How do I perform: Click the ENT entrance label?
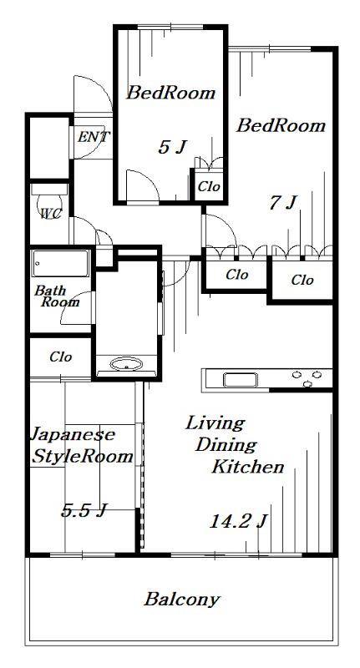[94, 137]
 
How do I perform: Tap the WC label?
[51, 214]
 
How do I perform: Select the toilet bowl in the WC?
[50, 197]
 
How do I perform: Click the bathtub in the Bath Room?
[60, 263]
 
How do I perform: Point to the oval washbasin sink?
[126, 364]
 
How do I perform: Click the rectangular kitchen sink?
[241, 380]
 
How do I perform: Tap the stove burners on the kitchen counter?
[307, 378]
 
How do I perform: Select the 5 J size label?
[172, 148]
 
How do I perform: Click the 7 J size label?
[282, 203]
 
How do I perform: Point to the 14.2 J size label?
[238, 521]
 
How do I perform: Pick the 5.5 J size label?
[84, 510]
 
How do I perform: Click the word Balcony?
[182, 600]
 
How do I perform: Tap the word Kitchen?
[248, 467]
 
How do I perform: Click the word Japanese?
[73, 435]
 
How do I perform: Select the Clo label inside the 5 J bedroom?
[209, 186]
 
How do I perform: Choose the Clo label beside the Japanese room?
[60, 357]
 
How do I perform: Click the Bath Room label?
[57, 296]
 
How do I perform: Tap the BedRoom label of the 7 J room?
[281, 126]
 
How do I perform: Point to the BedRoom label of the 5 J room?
[170, 93]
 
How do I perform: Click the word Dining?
[226, 446]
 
